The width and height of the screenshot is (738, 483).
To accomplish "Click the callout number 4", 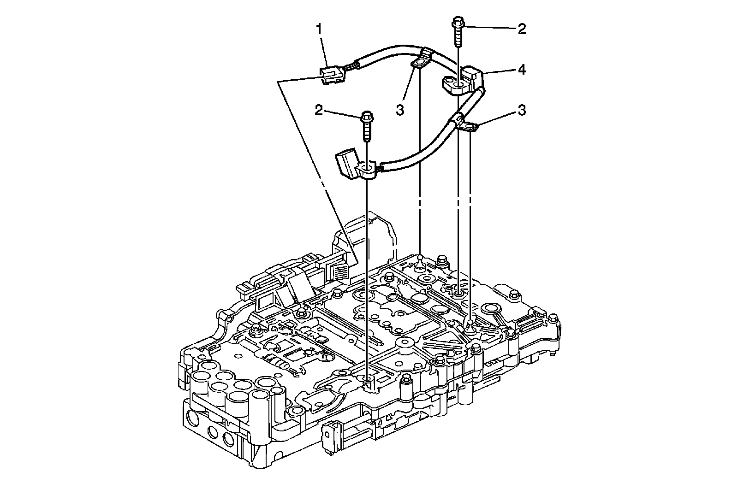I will click(x=522, y=70).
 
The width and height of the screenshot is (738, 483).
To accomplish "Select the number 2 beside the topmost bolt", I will click(x=522, y=29).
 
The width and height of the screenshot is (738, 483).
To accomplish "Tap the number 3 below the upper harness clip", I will click(x=400, y=109).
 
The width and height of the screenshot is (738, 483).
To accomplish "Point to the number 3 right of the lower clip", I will click(x=522, y=110).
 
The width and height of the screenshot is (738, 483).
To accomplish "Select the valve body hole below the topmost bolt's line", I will click(x=458, y=294).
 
